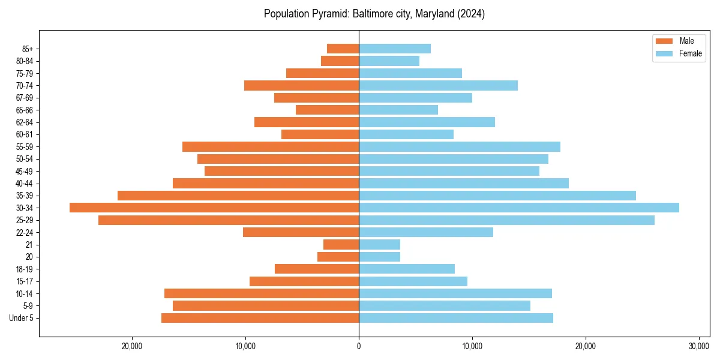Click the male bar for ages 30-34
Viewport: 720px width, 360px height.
[x=214, y=208]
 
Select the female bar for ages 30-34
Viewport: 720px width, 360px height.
[x=519, y=208]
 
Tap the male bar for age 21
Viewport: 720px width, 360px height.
[x=341, y=244]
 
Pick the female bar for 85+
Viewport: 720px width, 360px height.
[x=395, y=49]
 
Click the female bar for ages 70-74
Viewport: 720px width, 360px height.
[x=438, y=85]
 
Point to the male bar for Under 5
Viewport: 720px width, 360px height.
[x=260, y=318]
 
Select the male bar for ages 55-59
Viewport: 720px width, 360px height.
[x=271, y=146]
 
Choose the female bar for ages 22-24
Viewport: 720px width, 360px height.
[x=426, y=232]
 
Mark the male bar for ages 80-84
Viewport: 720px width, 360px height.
[x=340, y=61]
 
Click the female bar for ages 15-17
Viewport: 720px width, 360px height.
[x=413, y=281]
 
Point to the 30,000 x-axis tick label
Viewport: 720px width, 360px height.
[x=698, y=346]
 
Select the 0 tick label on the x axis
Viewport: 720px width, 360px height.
[x=359, y=346]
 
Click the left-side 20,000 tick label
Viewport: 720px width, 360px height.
[x=132, y=346]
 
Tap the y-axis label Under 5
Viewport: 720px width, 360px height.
[x=22, y=318]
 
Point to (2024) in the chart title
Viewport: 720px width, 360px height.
[x=472, y=14]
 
